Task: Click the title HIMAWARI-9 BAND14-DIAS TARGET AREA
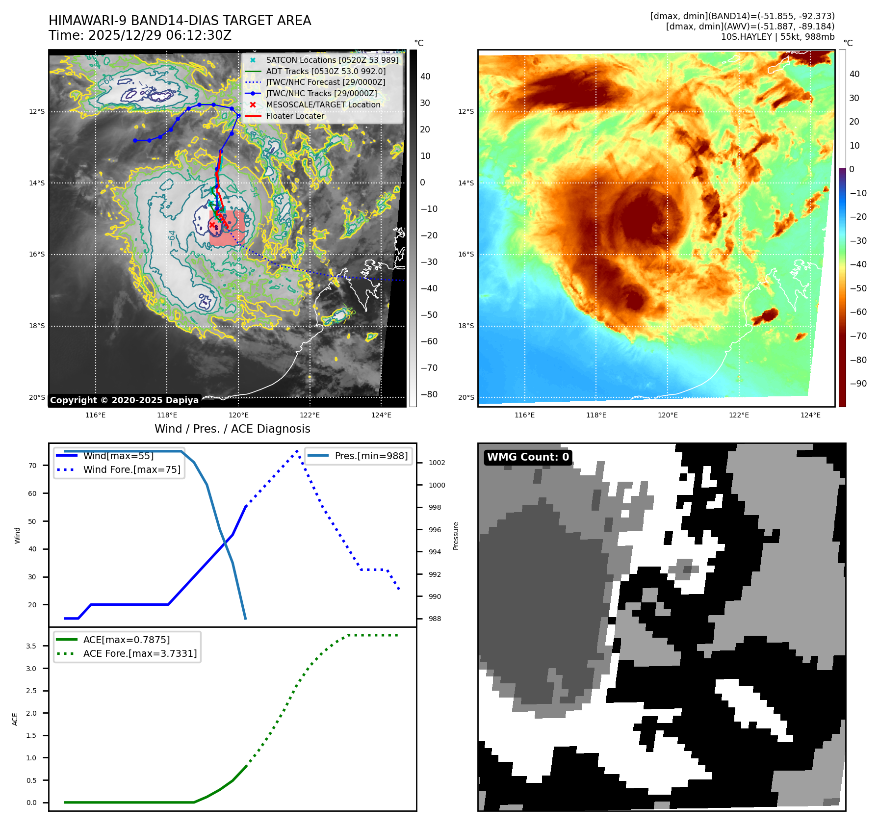point(180,21)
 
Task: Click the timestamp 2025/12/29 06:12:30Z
point(159,35)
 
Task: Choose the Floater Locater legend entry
point(295,116)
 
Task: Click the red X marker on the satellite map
point(212,225)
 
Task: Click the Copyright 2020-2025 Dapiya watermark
point(124,400)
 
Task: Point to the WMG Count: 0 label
point(528,457)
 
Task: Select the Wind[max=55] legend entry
point(118,456)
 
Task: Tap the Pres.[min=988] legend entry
point(371,456)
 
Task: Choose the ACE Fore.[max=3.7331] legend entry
point(140,653)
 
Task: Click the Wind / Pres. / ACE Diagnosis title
point(232,429)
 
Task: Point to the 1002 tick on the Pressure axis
point(437,463)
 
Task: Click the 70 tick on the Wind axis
point(32,466)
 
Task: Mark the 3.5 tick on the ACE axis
point(31,646)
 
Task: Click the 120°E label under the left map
point(238,415)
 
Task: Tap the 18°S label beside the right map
point(466,326)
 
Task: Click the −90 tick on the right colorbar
point(858,384)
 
